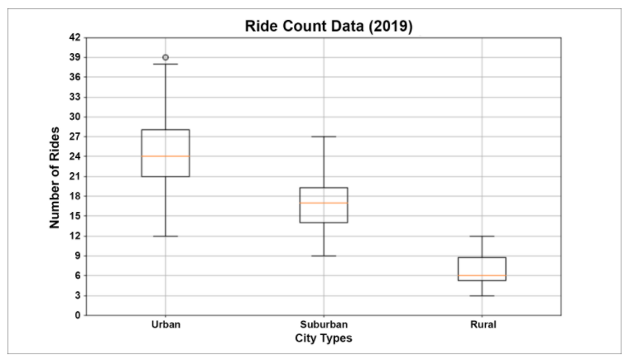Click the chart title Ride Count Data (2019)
(x=329, y=26)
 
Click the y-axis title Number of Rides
(x=55, y=177)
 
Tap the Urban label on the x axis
(x=166, y=324)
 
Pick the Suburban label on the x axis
(x=324, y=324)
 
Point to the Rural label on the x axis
(x=483, y=324)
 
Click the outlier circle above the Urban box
(x=166, y=58)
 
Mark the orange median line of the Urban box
(x=166, y=156)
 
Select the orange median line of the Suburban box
(x=324, y=203)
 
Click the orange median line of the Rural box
(x=483, y=276)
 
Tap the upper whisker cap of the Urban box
(x=166, y=64)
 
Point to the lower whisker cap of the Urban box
(x=166, y=236)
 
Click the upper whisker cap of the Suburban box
(x=324, y=137)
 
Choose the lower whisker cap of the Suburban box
(x=324, y=256)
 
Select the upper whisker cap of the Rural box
(x=483, y=236)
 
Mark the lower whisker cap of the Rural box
(x=483, y=295)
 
